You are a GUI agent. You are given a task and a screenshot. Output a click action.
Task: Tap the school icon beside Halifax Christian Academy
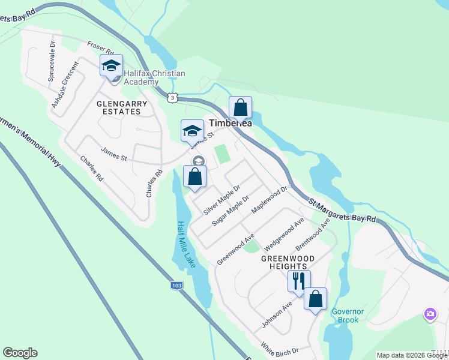click(x=111, y=65)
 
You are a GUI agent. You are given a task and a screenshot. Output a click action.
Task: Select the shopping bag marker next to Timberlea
click(x=240, y=108)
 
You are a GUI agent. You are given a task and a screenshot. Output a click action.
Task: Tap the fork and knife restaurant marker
click(x=298, y=281)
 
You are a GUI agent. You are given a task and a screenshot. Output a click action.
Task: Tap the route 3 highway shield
click(x=173, y=97)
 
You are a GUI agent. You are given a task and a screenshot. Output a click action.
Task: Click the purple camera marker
click(x=430, y=314)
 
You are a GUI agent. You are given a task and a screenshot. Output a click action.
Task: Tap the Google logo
click(x=20, y=353)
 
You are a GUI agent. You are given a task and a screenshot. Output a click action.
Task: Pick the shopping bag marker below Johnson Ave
click(x=315, y=299)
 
